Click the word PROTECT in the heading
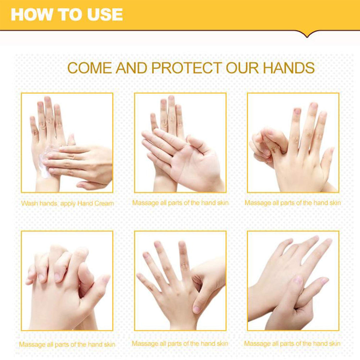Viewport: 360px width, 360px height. (186, 68)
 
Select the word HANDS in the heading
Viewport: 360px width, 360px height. (289, 68)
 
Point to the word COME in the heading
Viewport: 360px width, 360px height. (90, 68)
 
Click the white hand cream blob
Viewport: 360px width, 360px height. (46, 161)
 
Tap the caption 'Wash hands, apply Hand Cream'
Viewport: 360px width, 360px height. (68, 204)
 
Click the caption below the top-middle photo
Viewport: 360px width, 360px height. (180, 203)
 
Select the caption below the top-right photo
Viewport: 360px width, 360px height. (293, 203)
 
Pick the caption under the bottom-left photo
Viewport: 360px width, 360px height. (67, 345)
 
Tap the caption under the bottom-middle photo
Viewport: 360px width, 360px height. (180, 344)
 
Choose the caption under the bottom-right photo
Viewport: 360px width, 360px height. (292, 344)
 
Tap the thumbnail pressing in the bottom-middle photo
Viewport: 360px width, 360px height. (197, 309)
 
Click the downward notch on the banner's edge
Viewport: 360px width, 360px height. (307, 35)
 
